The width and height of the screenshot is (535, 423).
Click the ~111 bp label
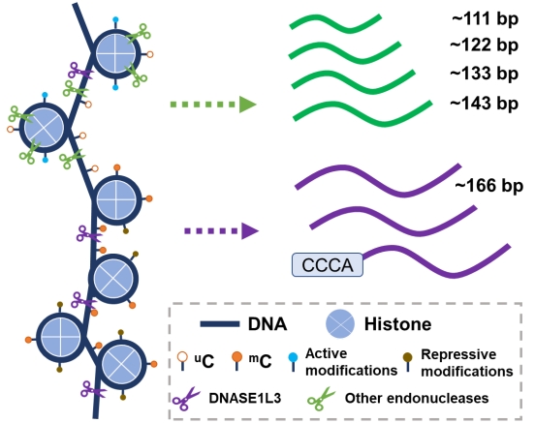tap(486, 18)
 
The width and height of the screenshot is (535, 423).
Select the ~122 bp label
tap(485, 45)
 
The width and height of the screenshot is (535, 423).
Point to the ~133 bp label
tap(485, 74)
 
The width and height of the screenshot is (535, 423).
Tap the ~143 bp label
tap(485, 103)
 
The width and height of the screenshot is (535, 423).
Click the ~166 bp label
tap(489, 186)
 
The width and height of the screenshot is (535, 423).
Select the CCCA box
tap(328, 265)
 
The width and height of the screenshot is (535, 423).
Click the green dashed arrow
tap(213, 105)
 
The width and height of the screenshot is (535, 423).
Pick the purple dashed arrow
tap(221, 231)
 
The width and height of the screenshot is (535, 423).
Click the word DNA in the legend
tap(267, 324)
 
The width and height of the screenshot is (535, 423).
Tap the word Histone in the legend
tap(397, 324)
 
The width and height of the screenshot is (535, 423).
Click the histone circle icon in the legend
tap(340, 323)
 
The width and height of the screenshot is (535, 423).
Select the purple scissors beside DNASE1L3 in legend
tap(186, 399)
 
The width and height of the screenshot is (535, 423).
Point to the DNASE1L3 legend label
tap(245, 398)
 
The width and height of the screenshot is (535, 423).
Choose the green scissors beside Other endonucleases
tap(321, 399)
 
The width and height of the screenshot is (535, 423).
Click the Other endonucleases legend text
tap(417, 398)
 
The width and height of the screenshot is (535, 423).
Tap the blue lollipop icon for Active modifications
tap(293, 362)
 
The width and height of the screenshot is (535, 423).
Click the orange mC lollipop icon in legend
tap(236, 361)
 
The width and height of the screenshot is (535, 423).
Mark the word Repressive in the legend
tap(458, 354)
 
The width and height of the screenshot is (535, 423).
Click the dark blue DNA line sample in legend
tap(220, 324)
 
